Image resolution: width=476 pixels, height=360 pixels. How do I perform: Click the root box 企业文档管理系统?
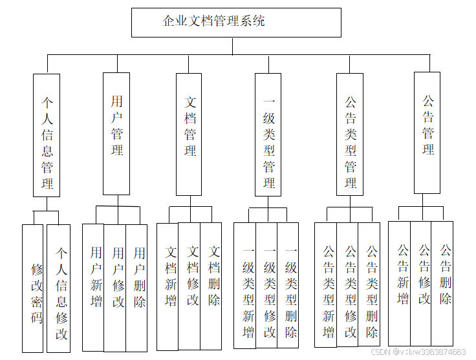[236, 22]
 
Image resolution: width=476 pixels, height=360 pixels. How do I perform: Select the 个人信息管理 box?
[47, 135]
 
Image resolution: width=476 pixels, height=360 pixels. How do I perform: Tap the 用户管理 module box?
[116, 134]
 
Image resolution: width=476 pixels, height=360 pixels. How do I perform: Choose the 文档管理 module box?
[189, 134]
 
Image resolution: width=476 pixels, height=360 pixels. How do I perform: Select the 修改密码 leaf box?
[33, 289]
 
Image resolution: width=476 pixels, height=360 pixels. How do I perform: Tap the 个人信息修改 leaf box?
[59, 289]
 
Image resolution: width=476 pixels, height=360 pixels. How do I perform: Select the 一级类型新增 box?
[245, 286]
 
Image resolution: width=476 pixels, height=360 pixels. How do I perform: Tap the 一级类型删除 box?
[288, 286]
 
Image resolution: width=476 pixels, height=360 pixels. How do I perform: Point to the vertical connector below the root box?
[233, 46]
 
